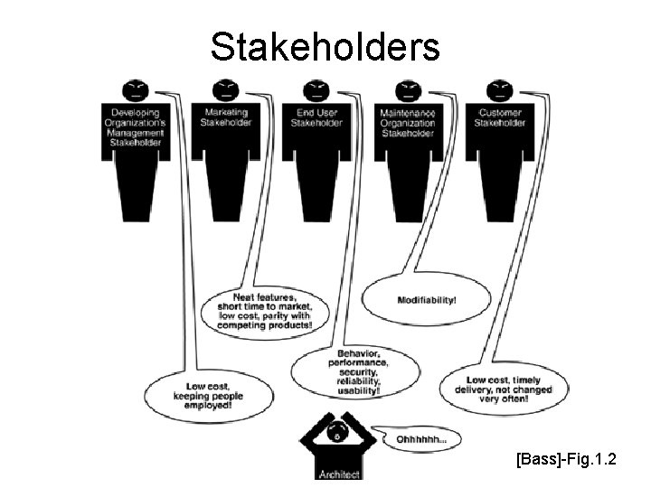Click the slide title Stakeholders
tap(325, 47)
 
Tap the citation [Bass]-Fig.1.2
tap(567, 461)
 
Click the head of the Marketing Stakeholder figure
tap(224, 89)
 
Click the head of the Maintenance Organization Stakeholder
tap(407, 89)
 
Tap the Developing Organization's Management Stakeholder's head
tap(136, 89)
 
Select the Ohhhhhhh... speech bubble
tap(420, 439)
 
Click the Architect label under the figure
tap(338, 474)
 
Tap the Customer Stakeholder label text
tap(499, 117)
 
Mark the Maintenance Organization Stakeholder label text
tap(407, 123)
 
